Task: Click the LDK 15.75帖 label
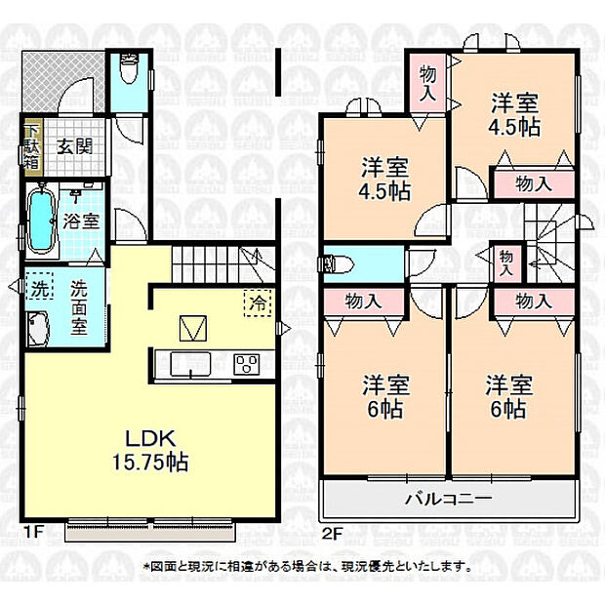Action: pos(150,450)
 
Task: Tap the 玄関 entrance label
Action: pos(75,147)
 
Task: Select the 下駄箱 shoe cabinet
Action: pos(32,147)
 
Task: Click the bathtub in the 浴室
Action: pos(41,221)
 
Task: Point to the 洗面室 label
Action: pos(79,307)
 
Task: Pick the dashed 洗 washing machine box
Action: pos(40,286)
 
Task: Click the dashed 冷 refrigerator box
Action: pos(258,302)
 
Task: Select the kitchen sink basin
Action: pos(190,363)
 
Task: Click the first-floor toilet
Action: pos(129,68)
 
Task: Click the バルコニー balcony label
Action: pos(448,499)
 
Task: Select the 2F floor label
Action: pos(332,534)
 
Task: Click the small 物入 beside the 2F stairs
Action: pos(505,262)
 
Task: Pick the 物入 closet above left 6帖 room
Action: pos(363,302)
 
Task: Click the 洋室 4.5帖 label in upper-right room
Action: pos(514,114)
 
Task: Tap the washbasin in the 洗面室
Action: pos(38,329)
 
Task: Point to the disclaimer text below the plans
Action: pos(307,567)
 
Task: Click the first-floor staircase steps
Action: pos(223,264)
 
